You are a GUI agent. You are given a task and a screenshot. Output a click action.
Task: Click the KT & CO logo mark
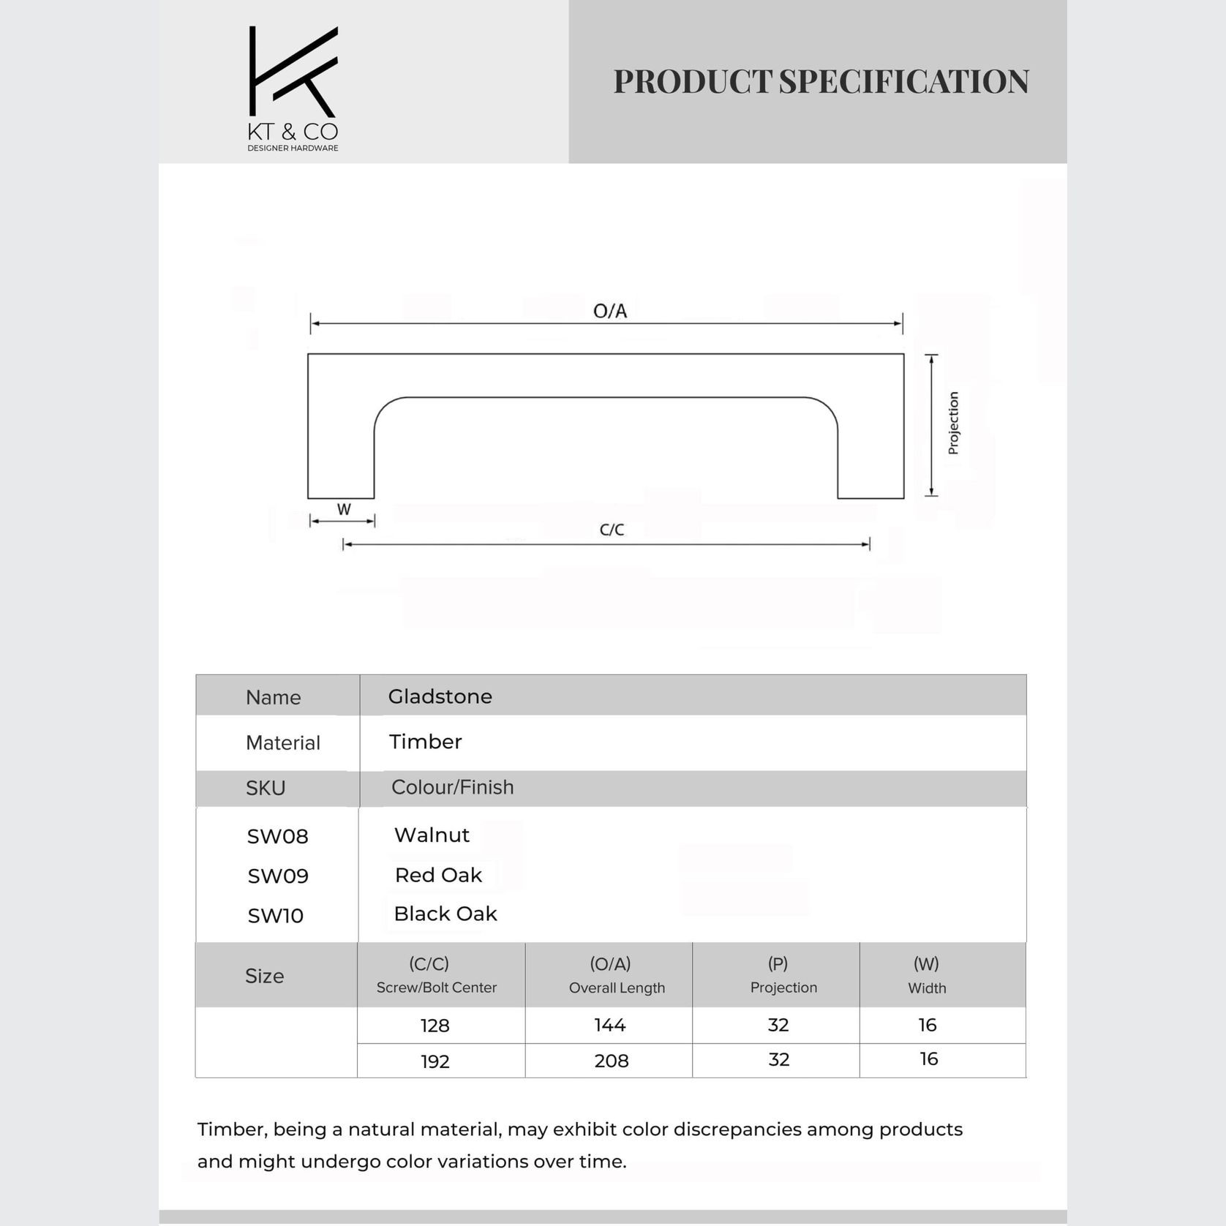click(x=293, y=72)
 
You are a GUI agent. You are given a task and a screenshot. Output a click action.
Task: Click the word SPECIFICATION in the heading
click(x=903, y=81)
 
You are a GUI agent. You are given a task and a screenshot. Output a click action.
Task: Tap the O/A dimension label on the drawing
click(x=610, y=312)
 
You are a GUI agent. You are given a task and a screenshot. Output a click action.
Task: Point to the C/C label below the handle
click(x=612, y=530)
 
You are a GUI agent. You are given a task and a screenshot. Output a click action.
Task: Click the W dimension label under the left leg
click(x=344, y=509)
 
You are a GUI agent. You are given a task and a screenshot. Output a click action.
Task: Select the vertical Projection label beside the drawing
click(x=953, y=423)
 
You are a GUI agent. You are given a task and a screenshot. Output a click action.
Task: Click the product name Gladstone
click(x=440, y=696)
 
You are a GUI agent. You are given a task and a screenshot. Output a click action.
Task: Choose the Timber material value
click(x=425, y=742)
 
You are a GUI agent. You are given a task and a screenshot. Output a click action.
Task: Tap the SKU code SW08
click(x=277, y=836)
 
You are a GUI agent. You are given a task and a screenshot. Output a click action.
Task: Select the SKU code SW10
click(x=275, y=915)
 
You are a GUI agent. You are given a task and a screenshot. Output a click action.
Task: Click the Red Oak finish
click(x=438, y=875)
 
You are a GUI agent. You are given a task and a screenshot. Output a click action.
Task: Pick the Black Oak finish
click(x=445, y=914)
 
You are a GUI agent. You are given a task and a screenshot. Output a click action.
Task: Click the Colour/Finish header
click(x=452, y=787)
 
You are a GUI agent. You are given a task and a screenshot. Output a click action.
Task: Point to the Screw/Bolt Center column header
click(x=436, y=988)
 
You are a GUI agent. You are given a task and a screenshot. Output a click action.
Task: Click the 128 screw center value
click(x=435, y=1026)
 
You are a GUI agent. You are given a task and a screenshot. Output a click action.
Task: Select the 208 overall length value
click(x=611, y=1061)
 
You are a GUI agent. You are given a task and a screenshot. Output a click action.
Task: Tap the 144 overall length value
click(x=609, y=1025)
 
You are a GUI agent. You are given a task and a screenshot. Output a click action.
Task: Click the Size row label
click(x=264, y=976)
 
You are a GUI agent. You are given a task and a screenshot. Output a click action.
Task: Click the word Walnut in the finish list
click(x=432, y=835)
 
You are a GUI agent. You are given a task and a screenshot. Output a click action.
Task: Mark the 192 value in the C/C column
click(x=435, y=1061)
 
